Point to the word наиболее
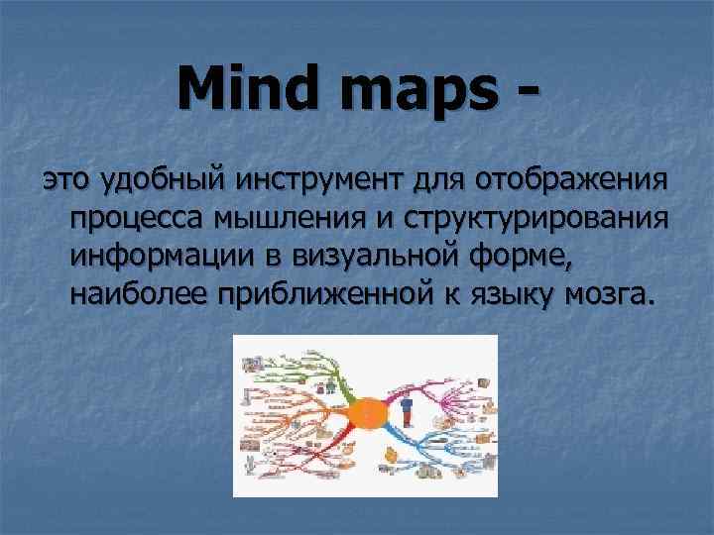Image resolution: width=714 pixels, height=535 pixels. (132, 294)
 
